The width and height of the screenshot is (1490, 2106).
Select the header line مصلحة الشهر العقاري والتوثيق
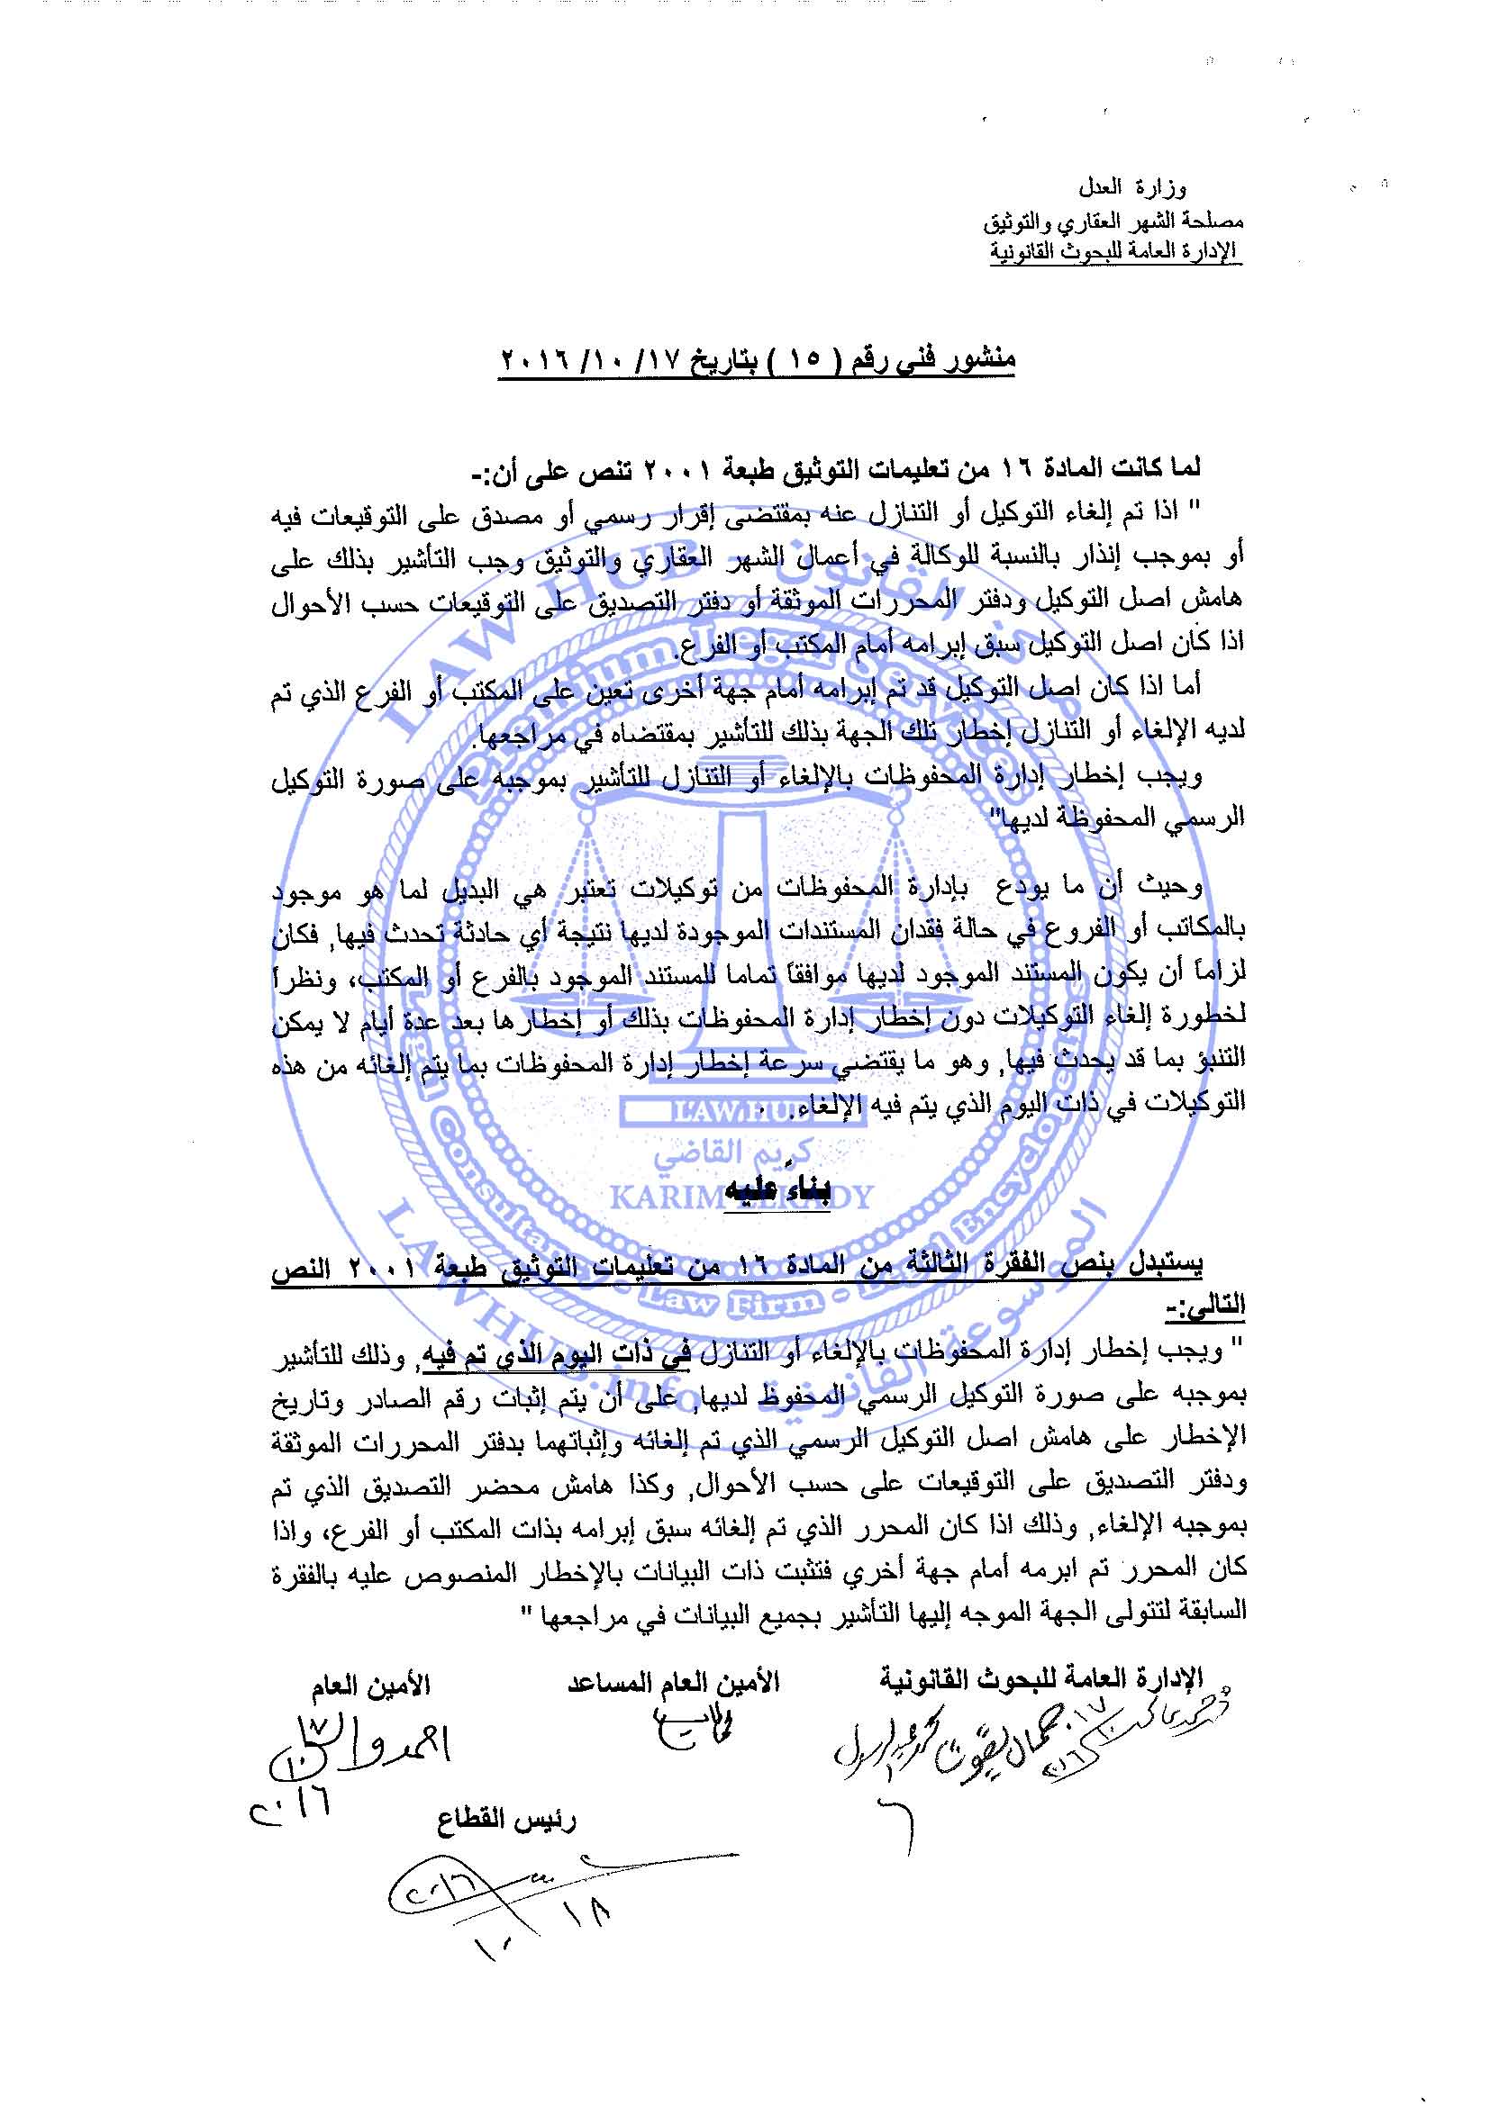(x=1113, y=221)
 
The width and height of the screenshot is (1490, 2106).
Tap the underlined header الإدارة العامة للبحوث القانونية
(x=1114, y=251)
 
